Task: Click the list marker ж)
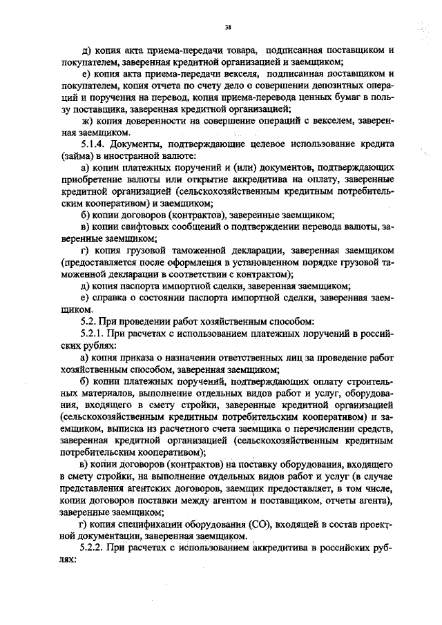[87, 120]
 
